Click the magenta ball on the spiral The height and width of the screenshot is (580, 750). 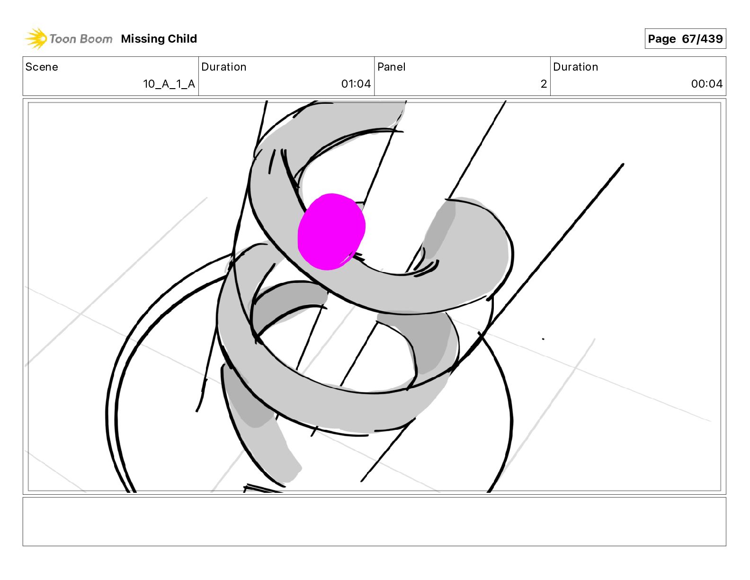tap(331, 231)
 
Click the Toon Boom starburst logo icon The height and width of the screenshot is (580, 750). tap(36, 39)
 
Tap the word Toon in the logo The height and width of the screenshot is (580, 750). tap(62, 39)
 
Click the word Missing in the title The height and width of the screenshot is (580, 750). tap(143, 39)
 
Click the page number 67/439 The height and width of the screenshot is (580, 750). tap(702, 39)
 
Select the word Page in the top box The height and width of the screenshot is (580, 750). tap(661, 39)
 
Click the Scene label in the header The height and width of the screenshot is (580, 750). tap(42, 67)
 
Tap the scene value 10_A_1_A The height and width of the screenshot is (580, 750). tap(169, 84)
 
